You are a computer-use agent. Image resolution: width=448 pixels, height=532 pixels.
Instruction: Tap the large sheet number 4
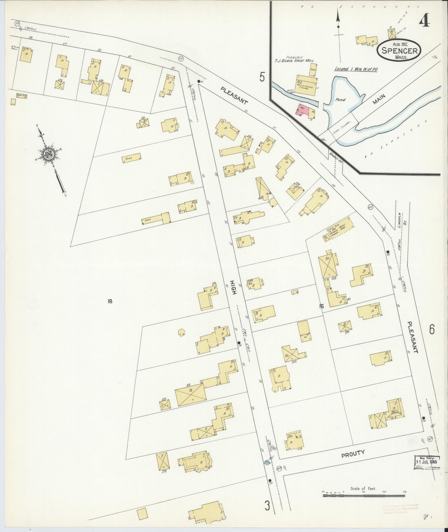[424, 22]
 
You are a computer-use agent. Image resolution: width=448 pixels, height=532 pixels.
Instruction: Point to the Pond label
[340, 100]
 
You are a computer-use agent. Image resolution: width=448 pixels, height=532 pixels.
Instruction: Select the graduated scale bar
[364, 496]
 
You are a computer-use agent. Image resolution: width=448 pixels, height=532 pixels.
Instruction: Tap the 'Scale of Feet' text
[363, 489]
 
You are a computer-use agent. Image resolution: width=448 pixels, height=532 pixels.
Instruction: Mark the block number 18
[109, 301]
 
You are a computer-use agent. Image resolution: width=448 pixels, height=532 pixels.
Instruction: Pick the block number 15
[321, 306]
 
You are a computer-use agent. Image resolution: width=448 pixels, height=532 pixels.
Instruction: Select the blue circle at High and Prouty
[266, 462]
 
